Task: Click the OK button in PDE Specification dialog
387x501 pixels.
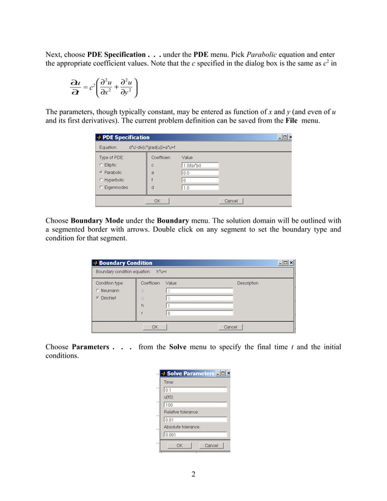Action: click(157, 201)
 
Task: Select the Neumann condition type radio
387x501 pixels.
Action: click(97, 291)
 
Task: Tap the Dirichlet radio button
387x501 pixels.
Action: click(97, 298)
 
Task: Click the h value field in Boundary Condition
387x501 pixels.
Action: click(199, 306)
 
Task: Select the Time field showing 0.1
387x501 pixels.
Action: click(195, 390)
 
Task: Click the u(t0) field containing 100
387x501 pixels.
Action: click(195, 405)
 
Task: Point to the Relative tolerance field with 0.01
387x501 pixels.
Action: click(195, 419)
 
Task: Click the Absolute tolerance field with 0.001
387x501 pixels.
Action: click(195, 434)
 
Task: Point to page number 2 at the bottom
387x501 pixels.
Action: click(193, 474)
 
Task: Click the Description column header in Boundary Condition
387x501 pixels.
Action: click(247, 283)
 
